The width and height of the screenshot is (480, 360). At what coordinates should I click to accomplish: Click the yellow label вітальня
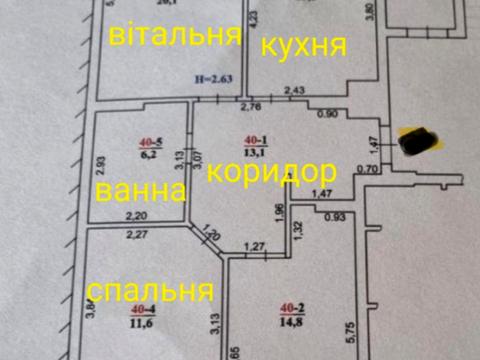[x=176, y=37]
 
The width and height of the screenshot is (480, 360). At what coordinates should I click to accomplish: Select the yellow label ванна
[x=139, y=190]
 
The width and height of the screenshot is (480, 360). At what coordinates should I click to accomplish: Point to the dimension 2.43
[x=294, y=92]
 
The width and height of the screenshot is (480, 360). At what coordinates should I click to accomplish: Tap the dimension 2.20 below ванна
[x=134, y=215]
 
